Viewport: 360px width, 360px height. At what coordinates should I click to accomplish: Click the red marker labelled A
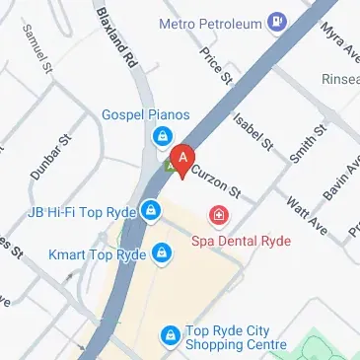click(181, 158)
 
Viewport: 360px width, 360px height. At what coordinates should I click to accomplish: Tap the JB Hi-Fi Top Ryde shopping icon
click(150, 209)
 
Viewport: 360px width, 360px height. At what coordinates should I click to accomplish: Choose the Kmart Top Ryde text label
click(98, 253)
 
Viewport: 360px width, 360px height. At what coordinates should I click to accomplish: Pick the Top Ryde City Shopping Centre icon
click(172, 336)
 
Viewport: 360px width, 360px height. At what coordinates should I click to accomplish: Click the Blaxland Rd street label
click(115, 36)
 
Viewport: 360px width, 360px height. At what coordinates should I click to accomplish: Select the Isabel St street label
click(252, 132)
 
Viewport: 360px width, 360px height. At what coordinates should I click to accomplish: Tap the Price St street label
click(214, 64)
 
